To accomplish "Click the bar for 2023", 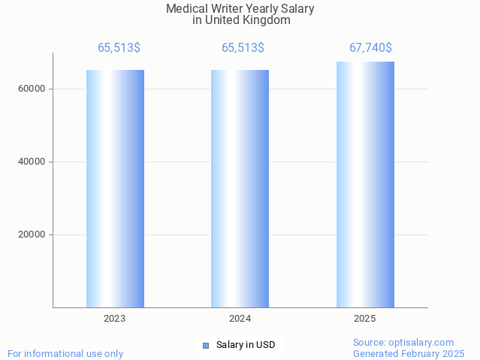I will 115,188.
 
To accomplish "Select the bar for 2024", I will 240,188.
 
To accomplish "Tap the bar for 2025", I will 365,184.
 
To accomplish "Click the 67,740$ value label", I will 370,48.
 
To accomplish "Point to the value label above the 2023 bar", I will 119,48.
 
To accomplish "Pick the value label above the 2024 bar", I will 243,48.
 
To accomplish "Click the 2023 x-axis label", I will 115,319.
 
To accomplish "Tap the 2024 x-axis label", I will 240,319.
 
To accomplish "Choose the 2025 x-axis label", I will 365,319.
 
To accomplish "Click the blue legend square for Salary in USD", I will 206,346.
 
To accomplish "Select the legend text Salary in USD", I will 246,346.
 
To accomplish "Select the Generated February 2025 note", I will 409,353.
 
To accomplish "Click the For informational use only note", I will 65,353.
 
